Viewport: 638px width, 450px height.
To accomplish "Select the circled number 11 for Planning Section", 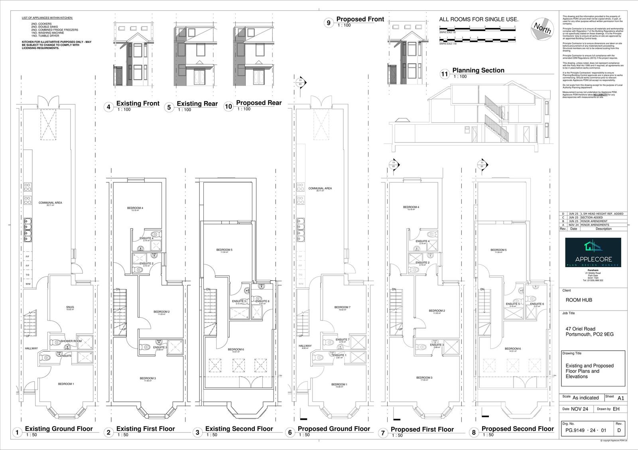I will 445,74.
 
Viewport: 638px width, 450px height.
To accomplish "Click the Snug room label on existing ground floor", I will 70,307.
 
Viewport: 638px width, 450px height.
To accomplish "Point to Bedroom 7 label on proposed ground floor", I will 342,307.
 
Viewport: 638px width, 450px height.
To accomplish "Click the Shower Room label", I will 71,341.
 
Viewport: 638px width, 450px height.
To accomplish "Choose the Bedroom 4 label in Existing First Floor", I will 135,208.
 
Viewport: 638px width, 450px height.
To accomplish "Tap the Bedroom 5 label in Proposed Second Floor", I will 498,250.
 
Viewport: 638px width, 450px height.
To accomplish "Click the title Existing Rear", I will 197,104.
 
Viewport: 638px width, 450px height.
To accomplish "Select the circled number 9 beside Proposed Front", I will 329,23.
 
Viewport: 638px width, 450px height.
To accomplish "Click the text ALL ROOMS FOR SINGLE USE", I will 478,20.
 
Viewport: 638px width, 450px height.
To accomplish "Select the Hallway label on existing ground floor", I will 31,348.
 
